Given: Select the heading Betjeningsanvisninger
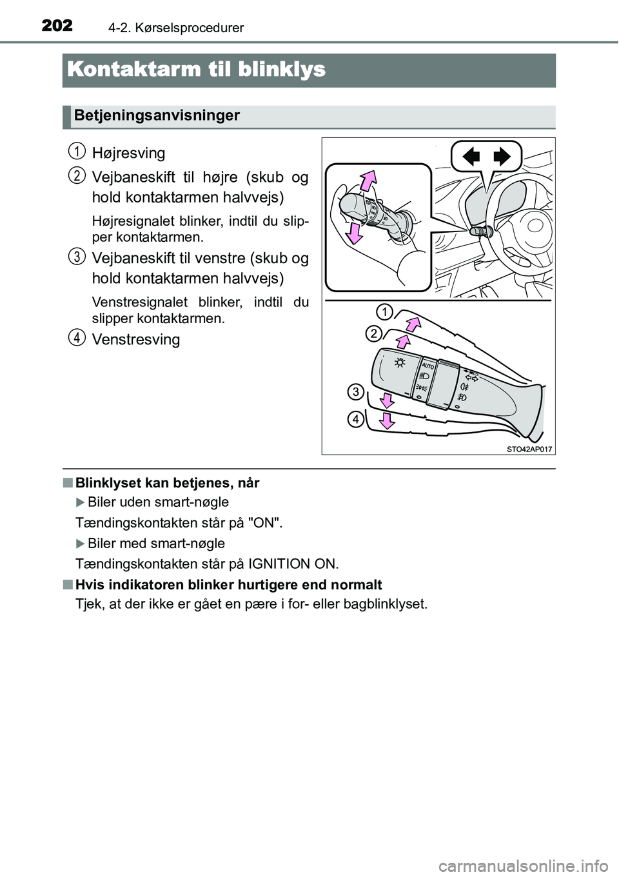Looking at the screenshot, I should [x=157, y=115].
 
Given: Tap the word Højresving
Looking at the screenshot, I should [x=129, y=153].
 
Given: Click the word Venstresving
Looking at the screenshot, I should [x=136, y=339].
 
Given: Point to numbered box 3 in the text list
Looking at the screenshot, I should [x=76, y=257].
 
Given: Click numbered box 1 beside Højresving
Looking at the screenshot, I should [x=76, y=152].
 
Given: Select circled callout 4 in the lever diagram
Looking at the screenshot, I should [x=355, y=420].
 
